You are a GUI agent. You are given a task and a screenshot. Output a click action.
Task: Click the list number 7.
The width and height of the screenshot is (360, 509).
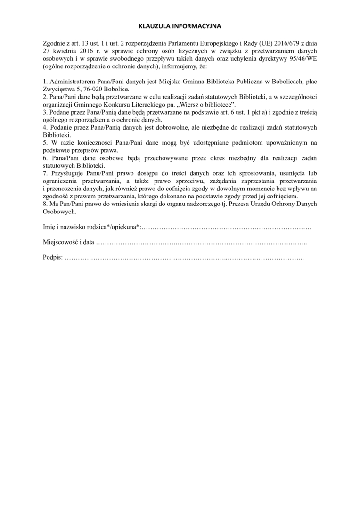coord(44,173)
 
